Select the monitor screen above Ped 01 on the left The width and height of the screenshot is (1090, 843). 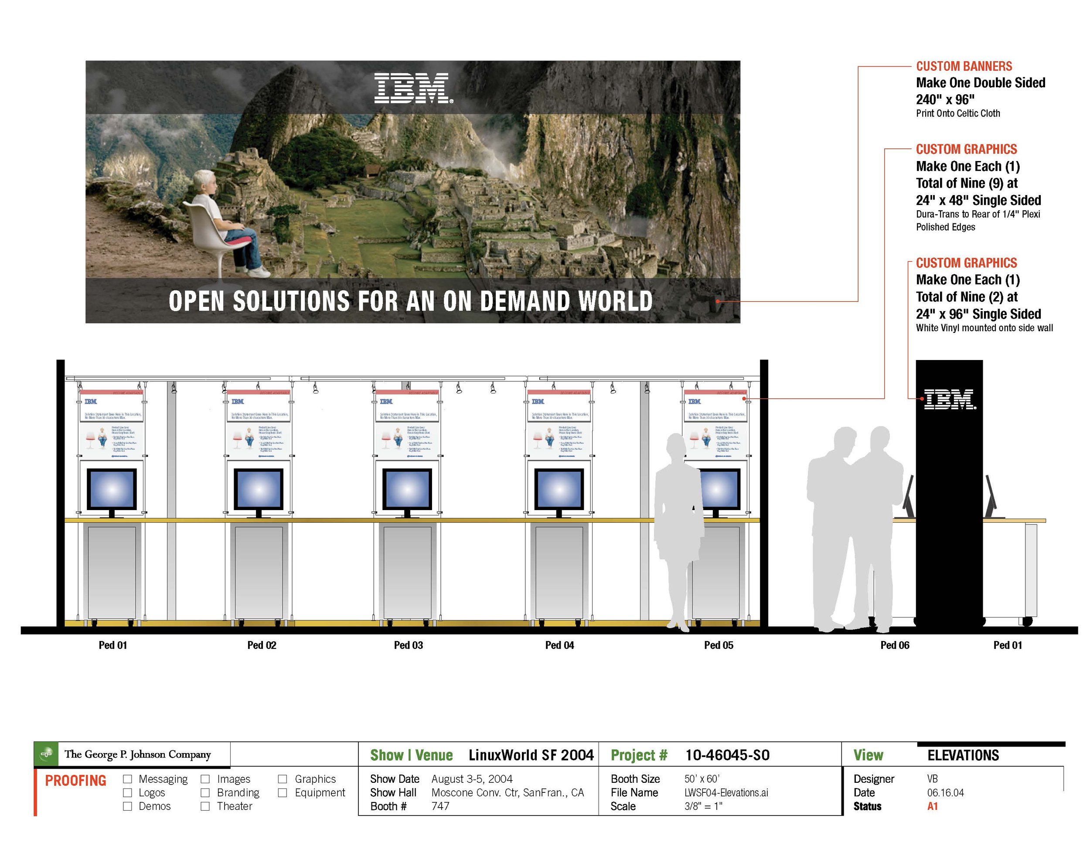(x=112, y=490)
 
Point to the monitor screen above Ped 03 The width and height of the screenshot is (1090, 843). (x=407, y=490)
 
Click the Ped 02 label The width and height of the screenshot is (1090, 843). (x=262, y=645)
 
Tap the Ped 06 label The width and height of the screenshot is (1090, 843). (x=894, y=645)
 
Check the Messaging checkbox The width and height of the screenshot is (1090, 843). (x=128, y=779)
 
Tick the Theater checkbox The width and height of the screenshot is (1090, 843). (x=205, y=806)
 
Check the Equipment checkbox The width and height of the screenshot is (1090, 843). (x=283, y=792)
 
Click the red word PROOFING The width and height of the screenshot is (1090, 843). (x=76, y=781)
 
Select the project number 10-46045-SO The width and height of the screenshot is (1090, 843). (x=727, y=755)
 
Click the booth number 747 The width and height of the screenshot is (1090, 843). (x=440, y=806)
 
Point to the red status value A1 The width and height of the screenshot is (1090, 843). (x=932, y=806)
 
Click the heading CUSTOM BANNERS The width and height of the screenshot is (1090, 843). (x=964, y=66)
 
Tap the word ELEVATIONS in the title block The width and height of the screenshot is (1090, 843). (x=963, y=755)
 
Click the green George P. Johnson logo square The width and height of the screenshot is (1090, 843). (x=46, y=754)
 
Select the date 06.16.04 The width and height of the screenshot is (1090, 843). (x=945, y=792)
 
